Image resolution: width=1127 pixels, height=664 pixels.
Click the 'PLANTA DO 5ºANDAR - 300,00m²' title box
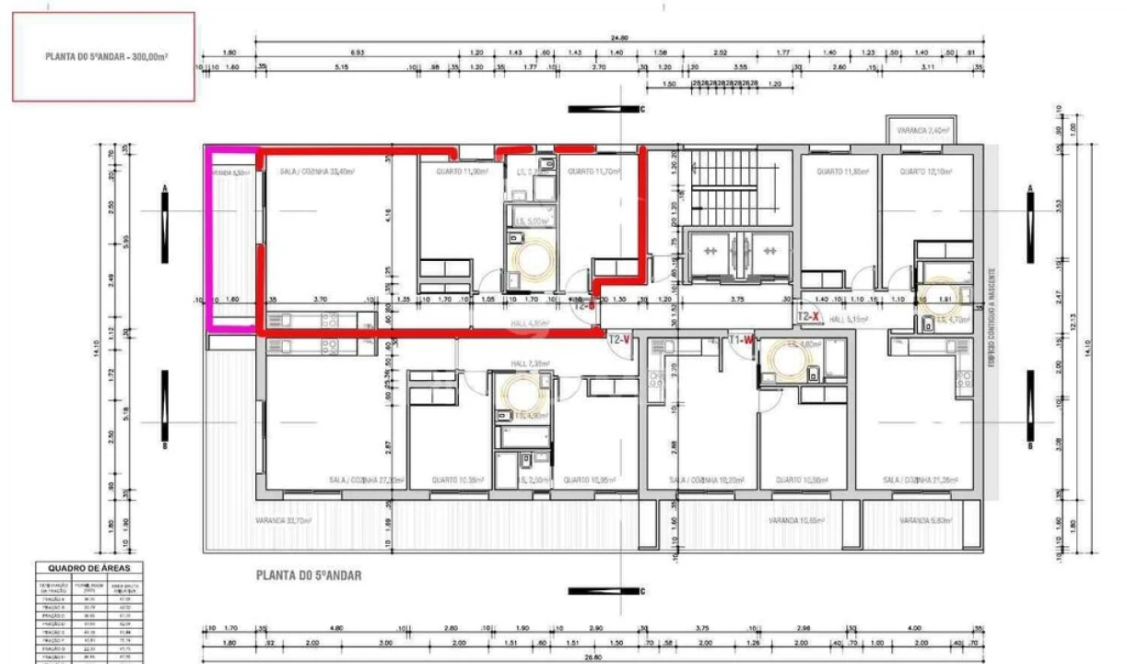103,56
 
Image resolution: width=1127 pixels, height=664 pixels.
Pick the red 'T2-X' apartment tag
808,315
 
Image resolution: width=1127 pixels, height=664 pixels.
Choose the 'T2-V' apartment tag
618,339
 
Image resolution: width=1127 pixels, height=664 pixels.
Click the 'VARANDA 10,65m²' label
795,521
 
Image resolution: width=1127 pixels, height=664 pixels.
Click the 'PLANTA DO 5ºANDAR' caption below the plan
308,575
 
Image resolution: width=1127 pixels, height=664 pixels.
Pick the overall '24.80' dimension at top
618,38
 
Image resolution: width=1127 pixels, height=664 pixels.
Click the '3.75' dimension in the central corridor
737,300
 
